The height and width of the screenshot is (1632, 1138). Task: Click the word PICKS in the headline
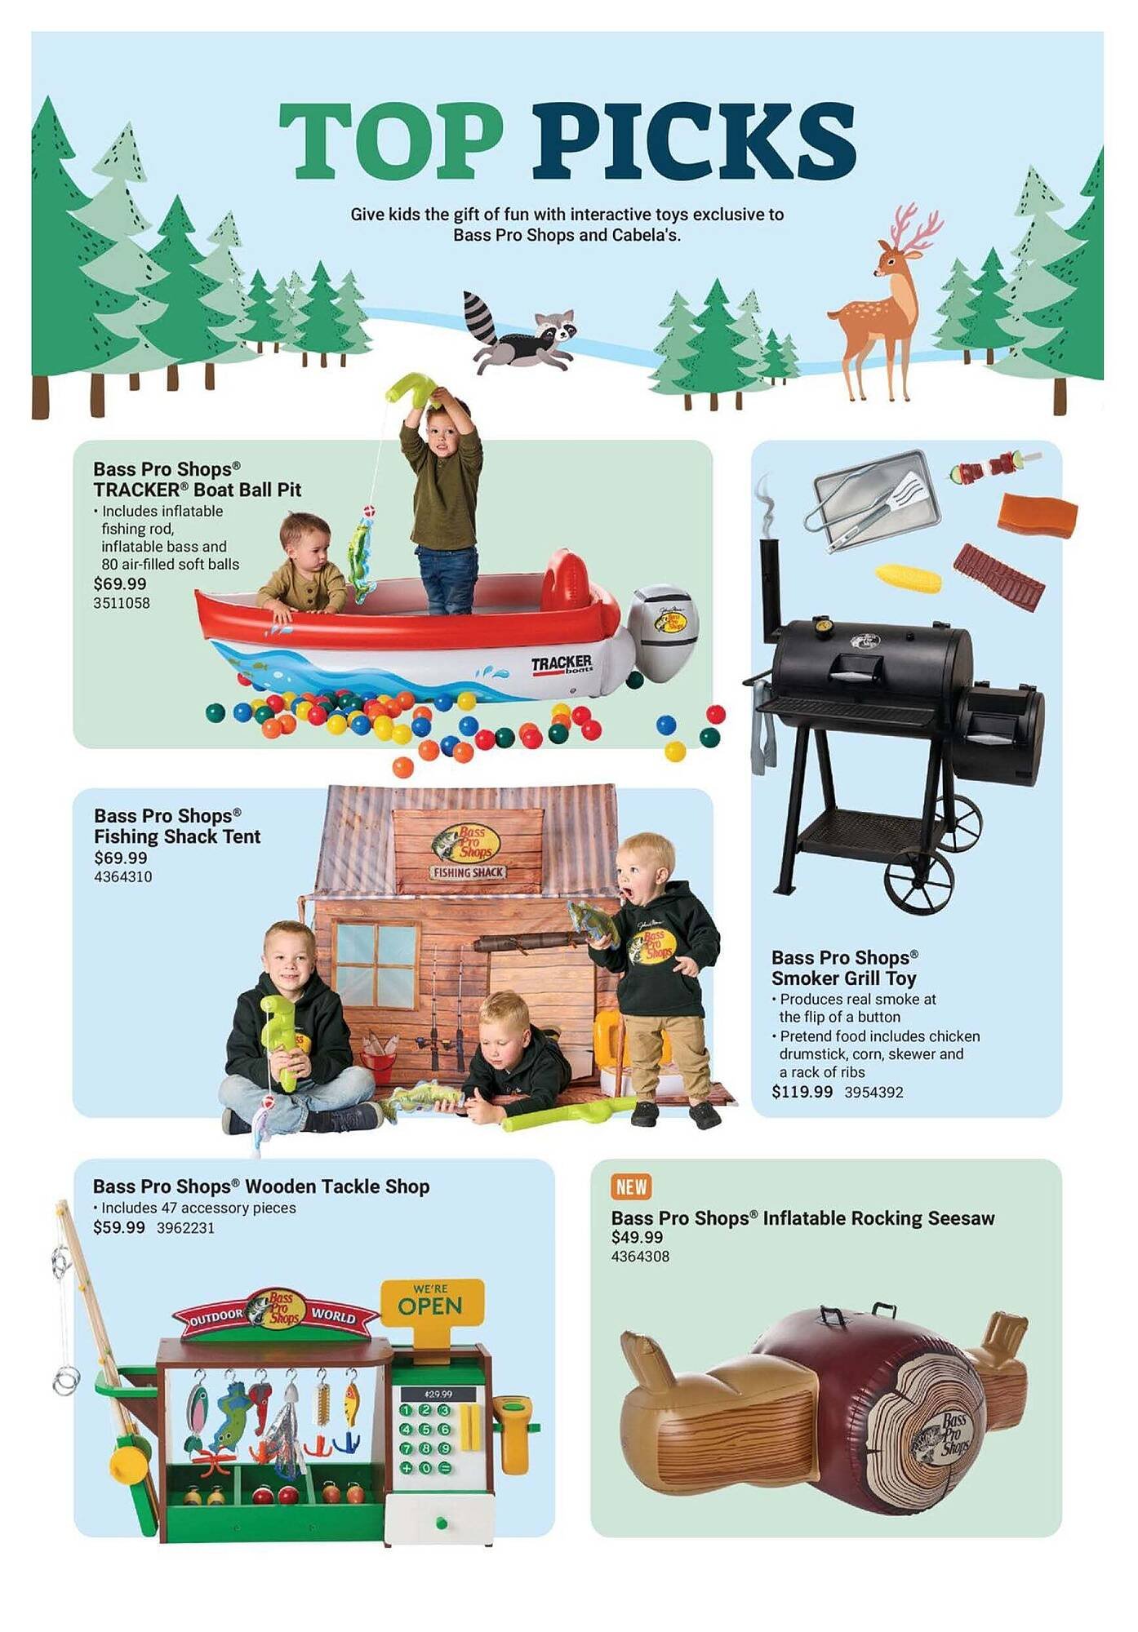point(694,140)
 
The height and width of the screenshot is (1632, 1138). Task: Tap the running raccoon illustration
point(519,333)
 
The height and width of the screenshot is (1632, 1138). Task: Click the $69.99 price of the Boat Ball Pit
point(120,584)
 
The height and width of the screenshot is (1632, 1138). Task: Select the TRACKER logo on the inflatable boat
point(562,664)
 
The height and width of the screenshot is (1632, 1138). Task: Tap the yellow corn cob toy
point(909,578)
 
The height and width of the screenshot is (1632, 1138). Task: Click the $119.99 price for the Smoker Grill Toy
point(802,1092)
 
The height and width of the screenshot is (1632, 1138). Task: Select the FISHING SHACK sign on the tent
point(469,872)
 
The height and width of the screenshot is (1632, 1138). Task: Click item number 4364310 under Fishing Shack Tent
point(122,877)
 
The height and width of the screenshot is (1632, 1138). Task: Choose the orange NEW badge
point(631,1186)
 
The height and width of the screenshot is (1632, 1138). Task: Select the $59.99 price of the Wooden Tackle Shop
point(119,1228)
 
